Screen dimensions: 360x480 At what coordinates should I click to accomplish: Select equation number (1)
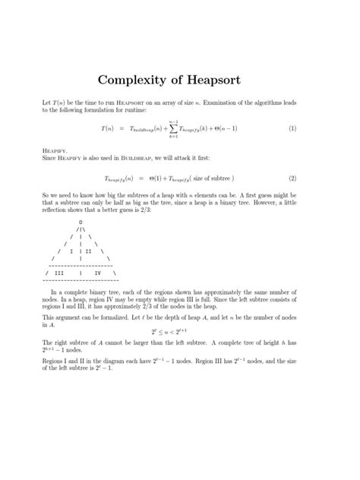tap(292, 129)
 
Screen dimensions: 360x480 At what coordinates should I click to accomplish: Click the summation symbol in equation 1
tap(175, 129)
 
